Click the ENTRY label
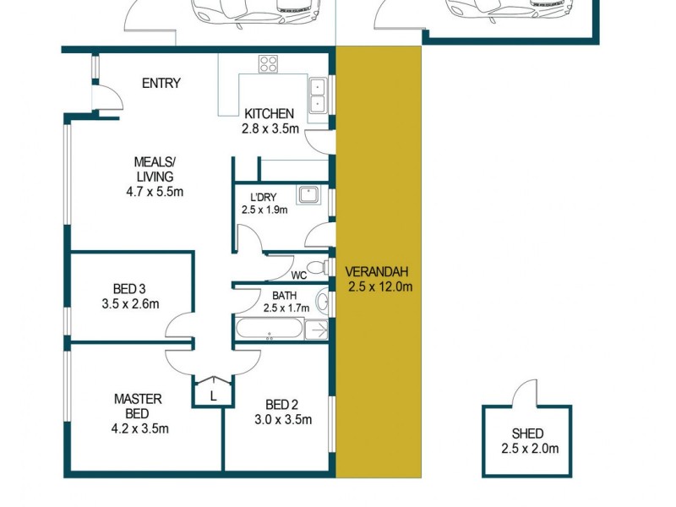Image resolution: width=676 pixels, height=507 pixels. click(x=161, y=83)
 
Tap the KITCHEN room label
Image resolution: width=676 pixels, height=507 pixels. click(x=269, y=114)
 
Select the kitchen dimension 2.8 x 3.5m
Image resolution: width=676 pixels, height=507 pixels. click(x=269, y=129)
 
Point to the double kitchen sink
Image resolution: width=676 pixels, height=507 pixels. click(x=318, y=95)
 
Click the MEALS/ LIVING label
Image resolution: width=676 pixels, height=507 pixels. click(x=154, y=169)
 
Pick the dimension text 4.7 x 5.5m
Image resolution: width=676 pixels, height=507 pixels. click(x=154, y=192)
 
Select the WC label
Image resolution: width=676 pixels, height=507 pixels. click(x=298, y=275)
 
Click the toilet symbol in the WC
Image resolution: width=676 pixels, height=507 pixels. click(x=317, y=269)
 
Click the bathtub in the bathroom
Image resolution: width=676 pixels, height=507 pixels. click(x=270, y=330)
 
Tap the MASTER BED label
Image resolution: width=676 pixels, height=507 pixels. click(x=137, y=406)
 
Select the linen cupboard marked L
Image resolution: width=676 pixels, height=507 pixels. click(x=213, y=395)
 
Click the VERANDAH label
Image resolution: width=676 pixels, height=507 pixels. click(x=377, y=271)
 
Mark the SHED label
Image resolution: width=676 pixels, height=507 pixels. click(x=527, y=433)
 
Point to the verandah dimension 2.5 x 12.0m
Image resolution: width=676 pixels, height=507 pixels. click(x=379, y=286)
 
